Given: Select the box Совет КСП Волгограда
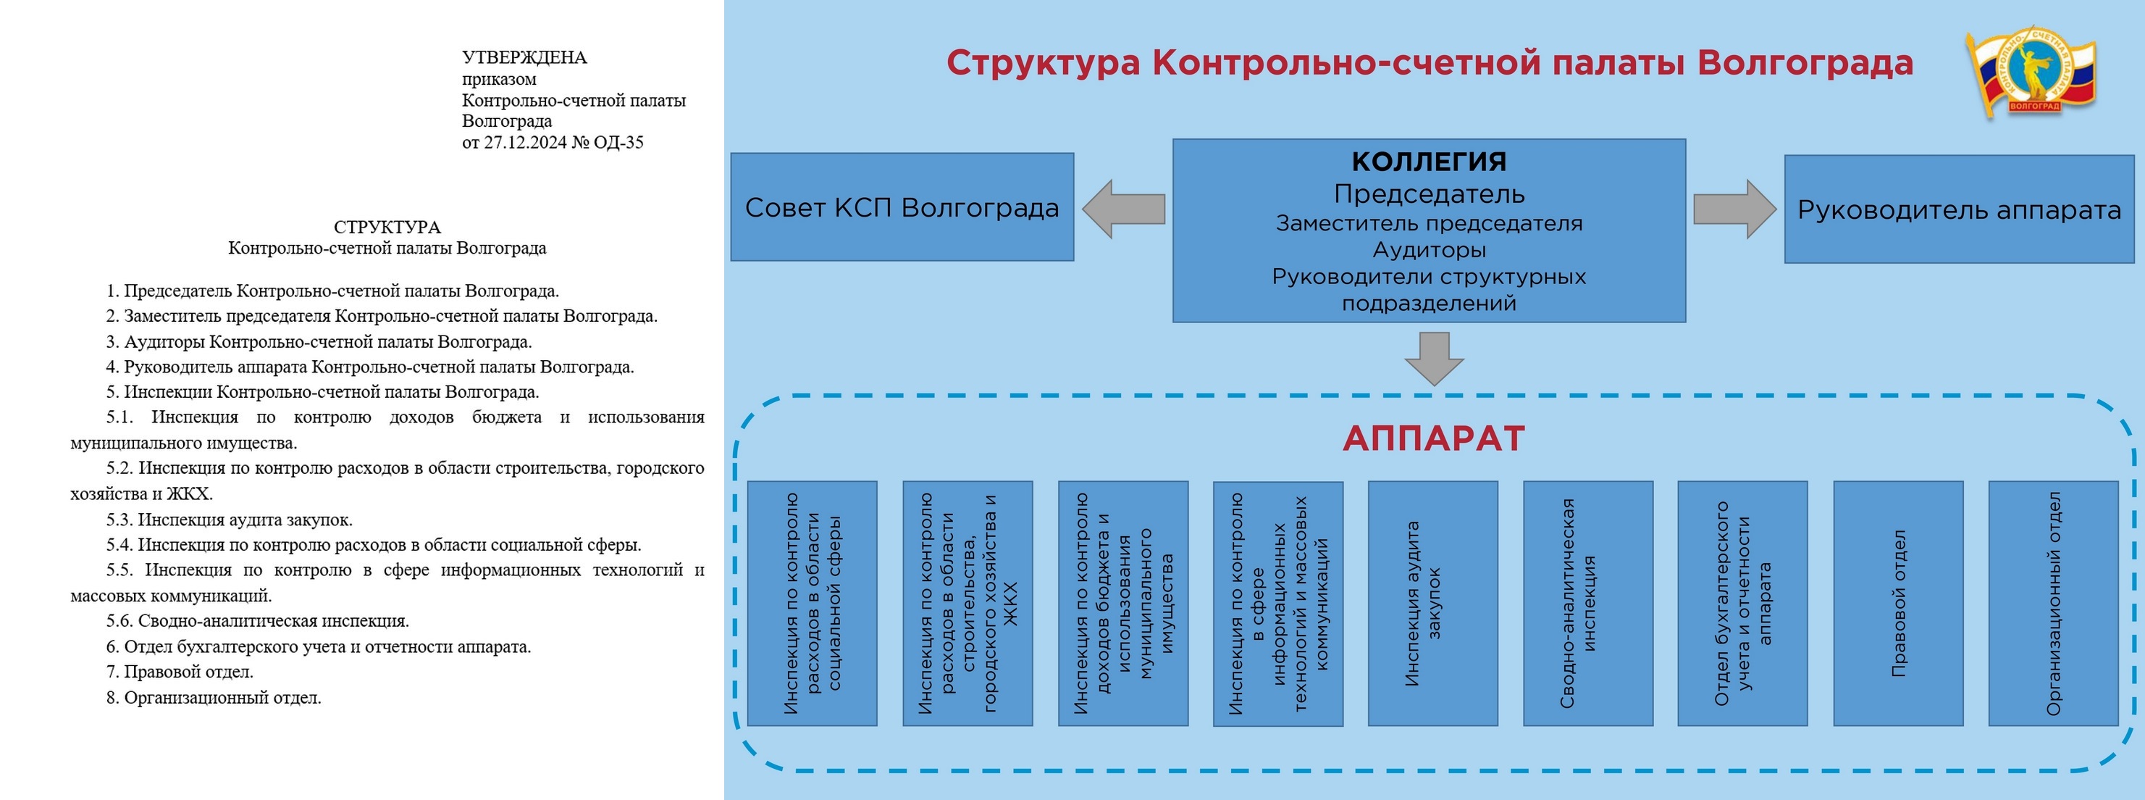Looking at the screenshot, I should coord(902,207).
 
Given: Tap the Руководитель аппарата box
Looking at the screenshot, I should coord(1958,209).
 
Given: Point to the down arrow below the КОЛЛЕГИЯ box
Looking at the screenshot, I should coord(1434,357).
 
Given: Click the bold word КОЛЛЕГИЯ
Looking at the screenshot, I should coord(1429,161).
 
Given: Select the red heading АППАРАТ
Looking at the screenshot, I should coord(1433,438).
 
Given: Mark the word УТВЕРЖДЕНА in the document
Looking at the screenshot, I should coord(524,57).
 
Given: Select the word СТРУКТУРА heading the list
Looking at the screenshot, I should coord(387,227).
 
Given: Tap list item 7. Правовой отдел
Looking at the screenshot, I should coord(180,672).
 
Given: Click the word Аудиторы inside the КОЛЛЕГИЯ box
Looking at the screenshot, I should coord(1429,249).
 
